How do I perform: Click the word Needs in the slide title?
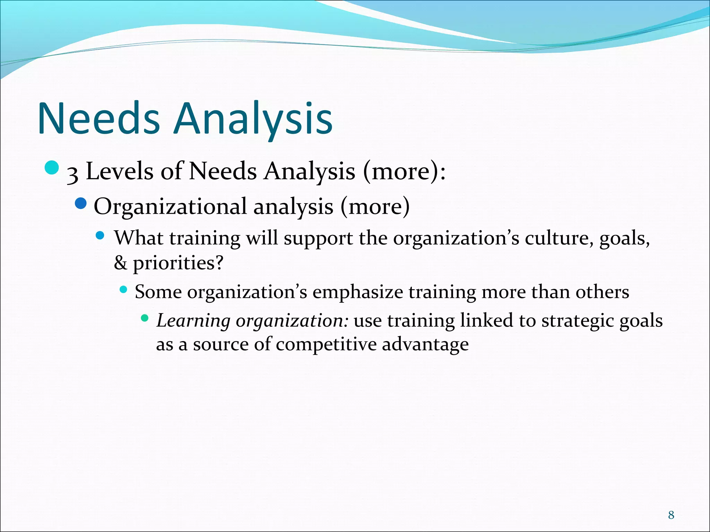click(99, 118)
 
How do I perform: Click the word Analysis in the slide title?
click(253, 118)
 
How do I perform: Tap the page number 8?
click(671, 515)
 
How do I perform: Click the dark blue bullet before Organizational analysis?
click(80, 203)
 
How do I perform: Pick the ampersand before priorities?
click(120, 263)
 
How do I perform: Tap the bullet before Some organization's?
click(123, 289)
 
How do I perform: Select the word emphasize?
click(358, 292)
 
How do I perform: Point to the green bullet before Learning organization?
click(145, 318)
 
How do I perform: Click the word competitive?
click(326, 345)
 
